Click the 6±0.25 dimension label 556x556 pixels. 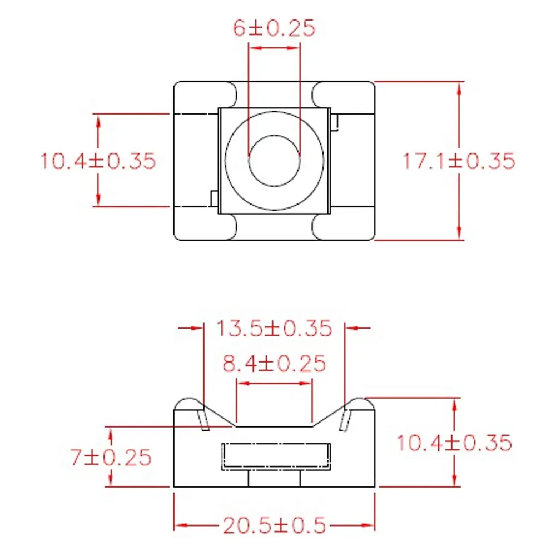coord(274,28)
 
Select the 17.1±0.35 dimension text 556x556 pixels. coord(459,161)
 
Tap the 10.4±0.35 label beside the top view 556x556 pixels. coord(98,161)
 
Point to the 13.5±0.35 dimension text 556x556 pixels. coord(274,328)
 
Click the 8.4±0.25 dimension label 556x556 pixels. coord(274,364)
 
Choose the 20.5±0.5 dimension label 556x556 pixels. coord(274,525)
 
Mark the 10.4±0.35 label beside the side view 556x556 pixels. coord(454,443)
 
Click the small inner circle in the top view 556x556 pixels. coord(275,135)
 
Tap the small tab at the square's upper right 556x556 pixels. coord(334,122)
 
